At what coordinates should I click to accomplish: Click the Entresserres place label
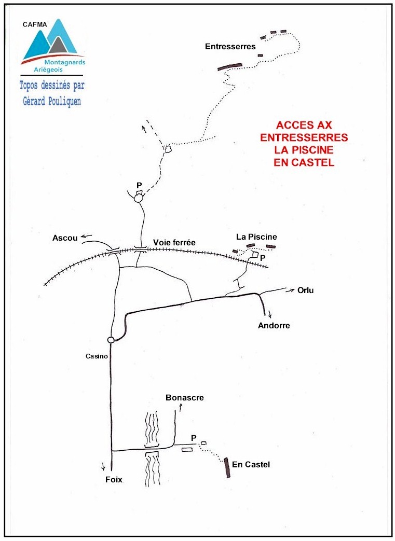[230, 46]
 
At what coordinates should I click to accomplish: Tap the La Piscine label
[256, 237]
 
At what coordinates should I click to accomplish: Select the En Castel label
[251, 464]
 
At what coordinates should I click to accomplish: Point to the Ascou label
[65, 238]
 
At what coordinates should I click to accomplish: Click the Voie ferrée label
[174, 243]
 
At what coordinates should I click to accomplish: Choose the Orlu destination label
[306, 290]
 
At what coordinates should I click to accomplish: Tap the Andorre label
[274, 325]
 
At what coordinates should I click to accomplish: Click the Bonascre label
[185, 397]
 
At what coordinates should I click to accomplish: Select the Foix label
[114, 480]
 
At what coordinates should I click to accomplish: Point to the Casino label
[97, 356]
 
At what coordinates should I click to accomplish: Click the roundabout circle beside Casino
[111, 340]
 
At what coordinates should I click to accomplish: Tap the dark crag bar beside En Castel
[226, 467]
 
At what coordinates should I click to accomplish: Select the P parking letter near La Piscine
[263, 258]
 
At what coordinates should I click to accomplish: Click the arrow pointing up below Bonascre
[180, 408]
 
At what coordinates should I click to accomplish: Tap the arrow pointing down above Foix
[103, 466]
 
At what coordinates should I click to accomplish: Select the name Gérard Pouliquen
[52, 101]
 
